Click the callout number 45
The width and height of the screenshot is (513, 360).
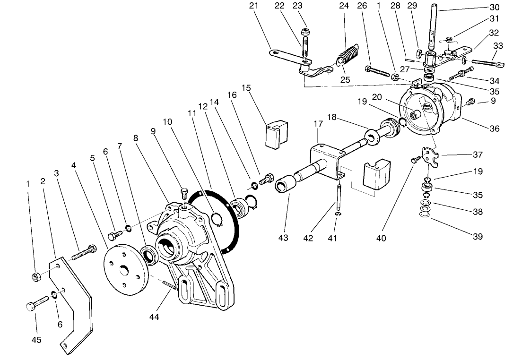(x=36, y=340)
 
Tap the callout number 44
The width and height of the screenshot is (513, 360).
(x=154, y=317)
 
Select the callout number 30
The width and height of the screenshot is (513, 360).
(x=494, y=8)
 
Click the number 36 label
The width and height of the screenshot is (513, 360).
(x=494, y=129)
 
